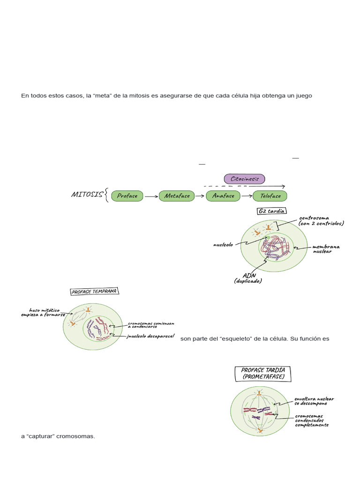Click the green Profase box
pyautogui.click(x=127, y=196)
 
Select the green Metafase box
pyautogui.click(x=177, y=196)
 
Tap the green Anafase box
pyautogui.click(x=223, y=196)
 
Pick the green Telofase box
pyautogui.click(x=270, y=196)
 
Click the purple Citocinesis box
pyautogui.click(x=244, y=179)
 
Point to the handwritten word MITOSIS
pyautogui.click(x=87, y=195)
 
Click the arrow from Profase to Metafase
pyautogui.click(x=151, y=197)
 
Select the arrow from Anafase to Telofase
pyautogui.click(x=247, y=196)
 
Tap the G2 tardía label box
pyautogui.click(x=272, y=211)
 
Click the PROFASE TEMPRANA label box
pyautogui.click(x=95, y=292)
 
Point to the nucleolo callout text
pyautogui.click(x=224, y=245)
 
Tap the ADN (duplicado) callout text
pyautogui.click(x=248, y=278)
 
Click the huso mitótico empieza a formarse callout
pyautogui.click(x=47, y=313)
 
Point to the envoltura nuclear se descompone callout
pyautogui.click(x=314, y=401)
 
